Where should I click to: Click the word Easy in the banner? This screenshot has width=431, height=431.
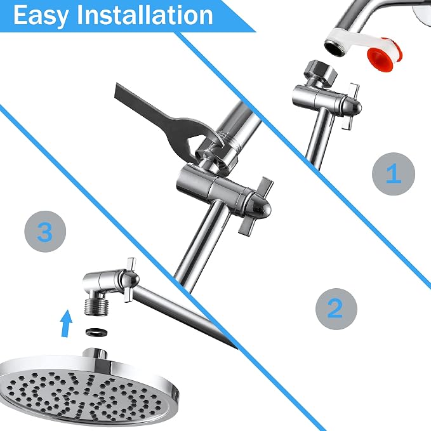40,16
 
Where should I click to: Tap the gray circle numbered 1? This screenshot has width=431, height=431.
394,174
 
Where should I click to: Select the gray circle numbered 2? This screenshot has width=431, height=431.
336,308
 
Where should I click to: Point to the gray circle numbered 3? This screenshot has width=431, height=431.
45,232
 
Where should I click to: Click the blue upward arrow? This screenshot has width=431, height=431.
66,323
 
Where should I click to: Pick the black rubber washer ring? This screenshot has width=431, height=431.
96,332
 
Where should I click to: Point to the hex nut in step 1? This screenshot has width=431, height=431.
320,72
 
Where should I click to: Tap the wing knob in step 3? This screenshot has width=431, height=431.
129,280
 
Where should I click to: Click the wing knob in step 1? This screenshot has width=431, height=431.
351,106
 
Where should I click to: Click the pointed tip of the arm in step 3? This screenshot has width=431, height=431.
236,348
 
